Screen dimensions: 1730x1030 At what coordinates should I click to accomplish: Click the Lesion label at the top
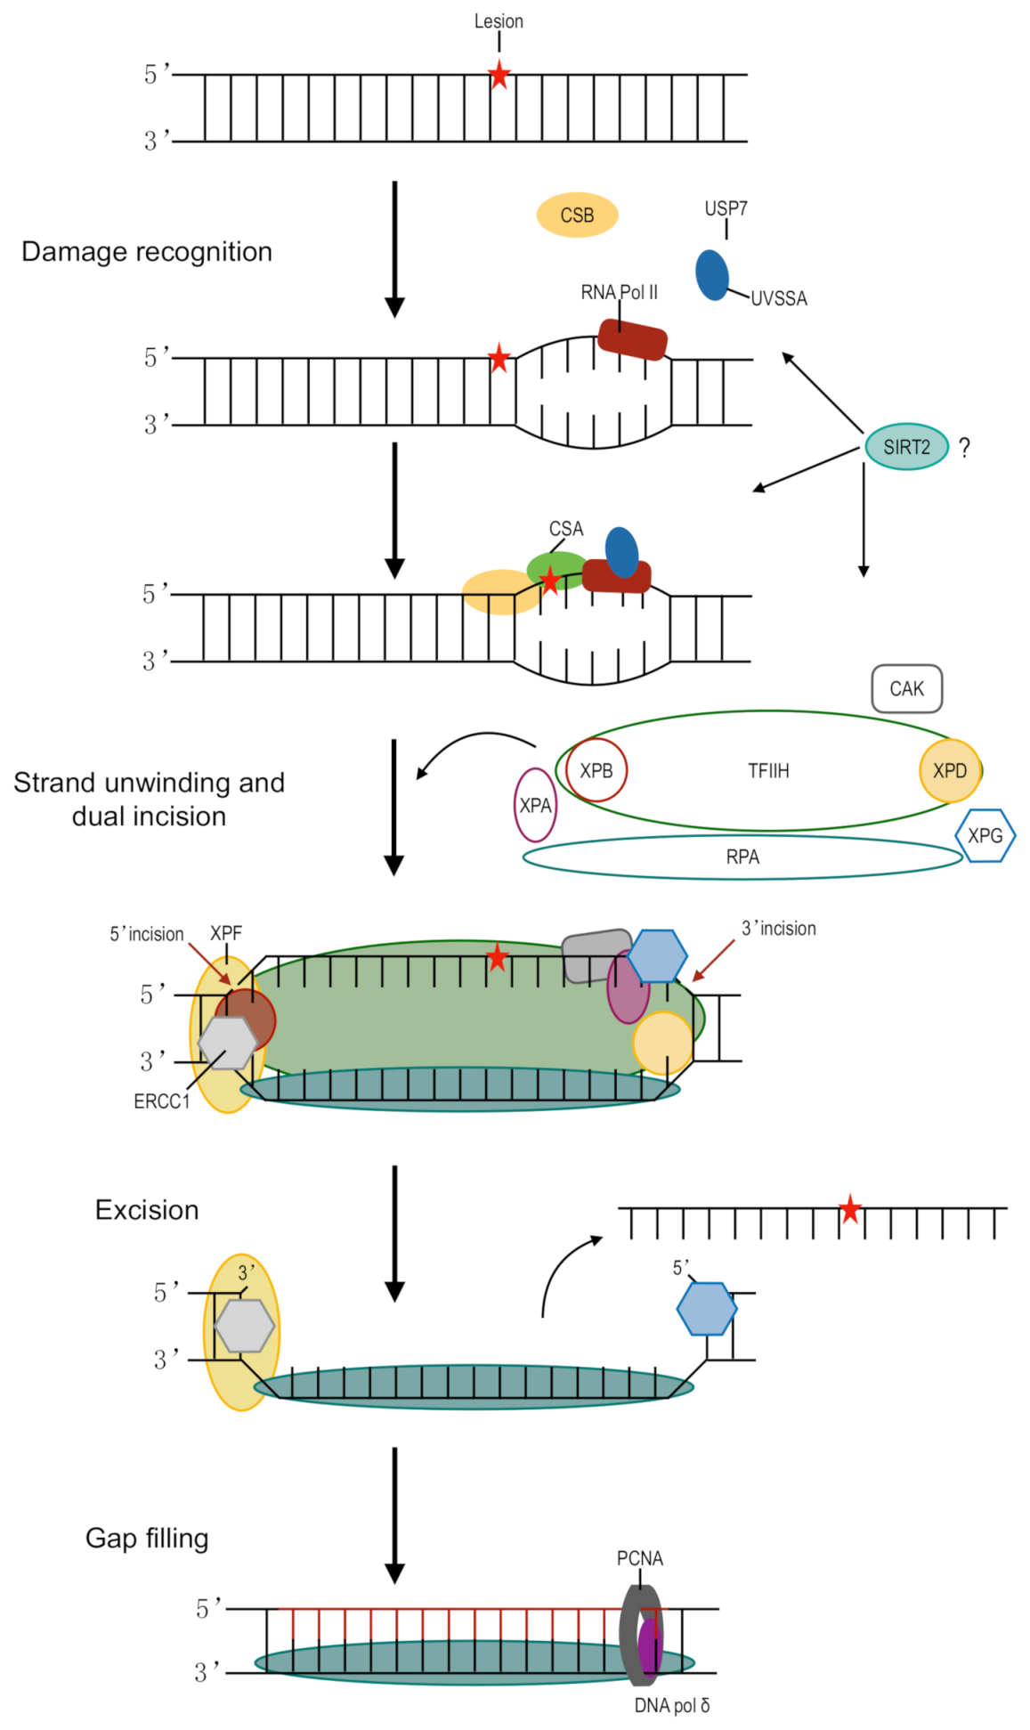click(498, 21)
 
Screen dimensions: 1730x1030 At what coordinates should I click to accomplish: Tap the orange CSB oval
click(577, 215)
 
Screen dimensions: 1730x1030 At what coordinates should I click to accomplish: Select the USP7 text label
click(726, 208)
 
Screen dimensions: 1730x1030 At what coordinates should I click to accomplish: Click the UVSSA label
click(778, 299)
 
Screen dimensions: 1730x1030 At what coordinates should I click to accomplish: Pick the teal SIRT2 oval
click(906, 447)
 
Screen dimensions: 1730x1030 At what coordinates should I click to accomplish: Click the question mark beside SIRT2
click(964, 448)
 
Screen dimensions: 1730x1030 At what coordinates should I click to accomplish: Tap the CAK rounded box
click(906, 688)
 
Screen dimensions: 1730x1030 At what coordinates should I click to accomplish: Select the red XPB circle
click(596, 770)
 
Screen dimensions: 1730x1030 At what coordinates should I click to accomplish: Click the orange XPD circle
click(949, 770)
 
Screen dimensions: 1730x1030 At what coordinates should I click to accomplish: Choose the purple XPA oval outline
click(535, 805)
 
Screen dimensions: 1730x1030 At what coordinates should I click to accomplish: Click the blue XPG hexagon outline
click(985, 835)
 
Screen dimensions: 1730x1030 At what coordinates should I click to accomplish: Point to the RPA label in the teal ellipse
click(742, 857)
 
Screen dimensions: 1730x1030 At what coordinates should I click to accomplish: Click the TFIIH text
click(768, 771)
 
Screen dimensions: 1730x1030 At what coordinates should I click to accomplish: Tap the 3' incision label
click(778, 929)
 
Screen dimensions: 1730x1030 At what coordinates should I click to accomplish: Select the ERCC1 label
click(162, 1101)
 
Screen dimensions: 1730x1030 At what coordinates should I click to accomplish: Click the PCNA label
click(639, 1558)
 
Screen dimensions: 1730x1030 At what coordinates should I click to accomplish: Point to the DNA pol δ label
click(671, 1705)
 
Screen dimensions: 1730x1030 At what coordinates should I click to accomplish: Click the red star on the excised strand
click(850, 1209)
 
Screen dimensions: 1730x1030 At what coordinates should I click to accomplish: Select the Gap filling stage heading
click(147, 1538)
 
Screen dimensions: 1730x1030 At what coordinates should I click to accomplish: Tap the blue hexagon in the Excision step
click(706, 1308)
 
